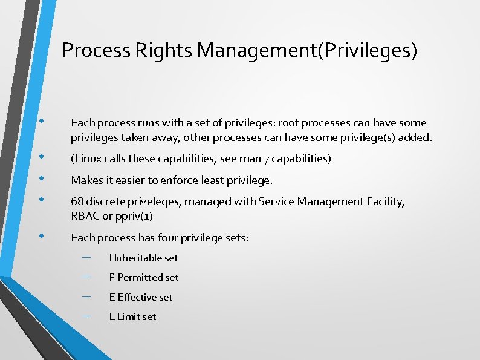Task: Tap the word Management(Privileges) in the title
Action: (306, 50)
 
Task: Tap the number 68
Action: (77, 201)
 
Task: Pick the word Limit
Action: (128, 316)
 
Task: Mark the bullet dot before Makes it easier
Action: (42, 179)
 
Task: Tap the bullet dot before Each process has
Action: (42, 237)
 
